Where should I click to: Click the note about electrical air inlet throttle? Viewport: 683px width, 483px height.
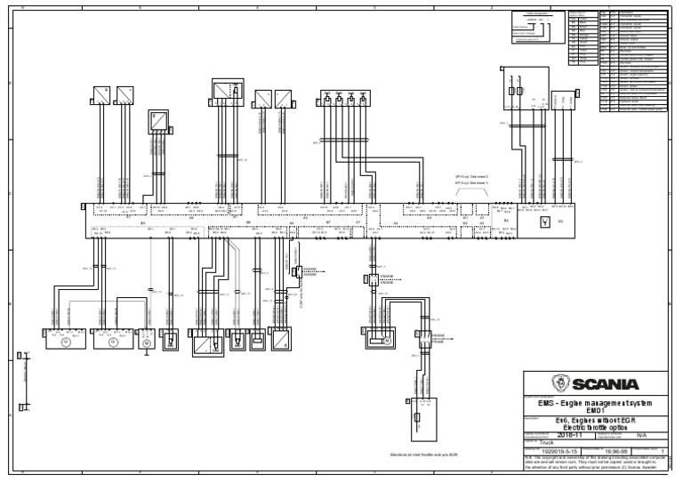(x=423, y=453)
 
